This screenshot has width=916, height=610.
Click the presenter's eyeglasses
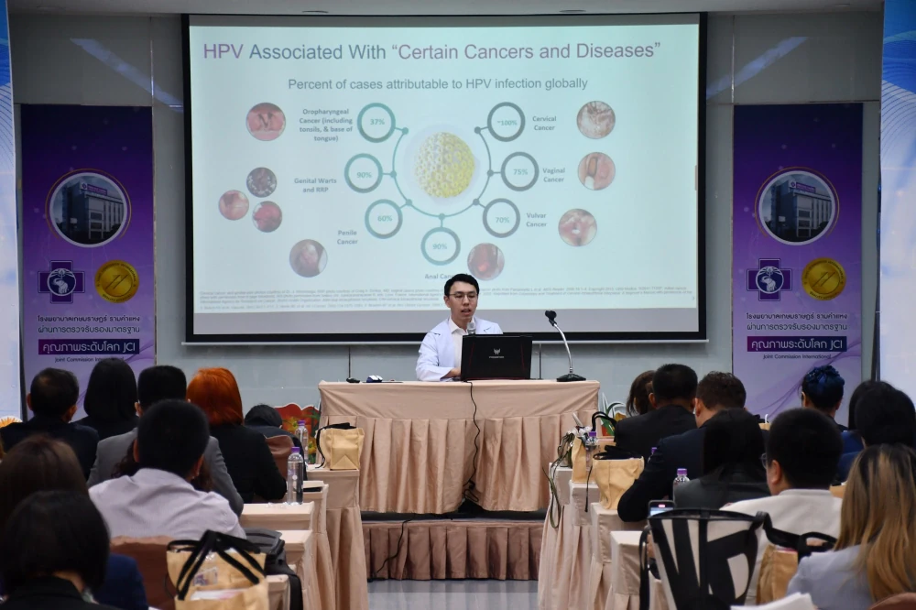point(463,295)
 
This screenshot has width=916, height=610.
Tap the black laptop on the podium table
point(496,357)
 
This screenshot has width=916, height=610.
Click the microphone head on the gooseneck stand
point(551,318)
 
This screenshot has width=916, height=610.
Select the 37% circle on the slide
point(376,122)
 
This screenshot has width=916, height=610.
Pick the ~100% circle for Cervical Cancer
point(506,121)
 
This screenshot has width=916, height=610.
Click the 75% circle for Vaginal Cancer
point(519,171)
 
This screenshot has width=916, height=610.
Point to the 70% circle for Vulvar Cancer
point(501,218)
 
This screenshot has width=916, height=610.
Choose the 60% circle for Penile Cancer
point(384,219)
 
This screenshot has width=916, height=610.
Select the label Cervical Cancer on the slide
point(544,123)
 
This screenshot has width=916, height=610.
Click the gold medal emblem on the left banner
point(117,281)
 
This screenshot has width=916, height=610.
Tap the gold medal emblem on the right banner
point(823,278)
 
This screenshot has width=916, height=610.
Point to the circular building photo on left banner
point(88,209)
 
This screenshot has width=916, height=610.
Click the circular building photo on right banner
point(796,206)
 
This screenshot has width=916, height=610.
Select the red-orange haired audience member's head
point(213,397)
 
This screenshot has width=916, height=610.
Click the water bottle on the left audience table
point(295,475)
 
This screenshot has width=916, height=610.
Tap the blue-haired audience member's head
point(823,388)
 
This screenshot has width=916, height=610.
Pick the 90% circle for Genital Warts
point(363,172)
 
